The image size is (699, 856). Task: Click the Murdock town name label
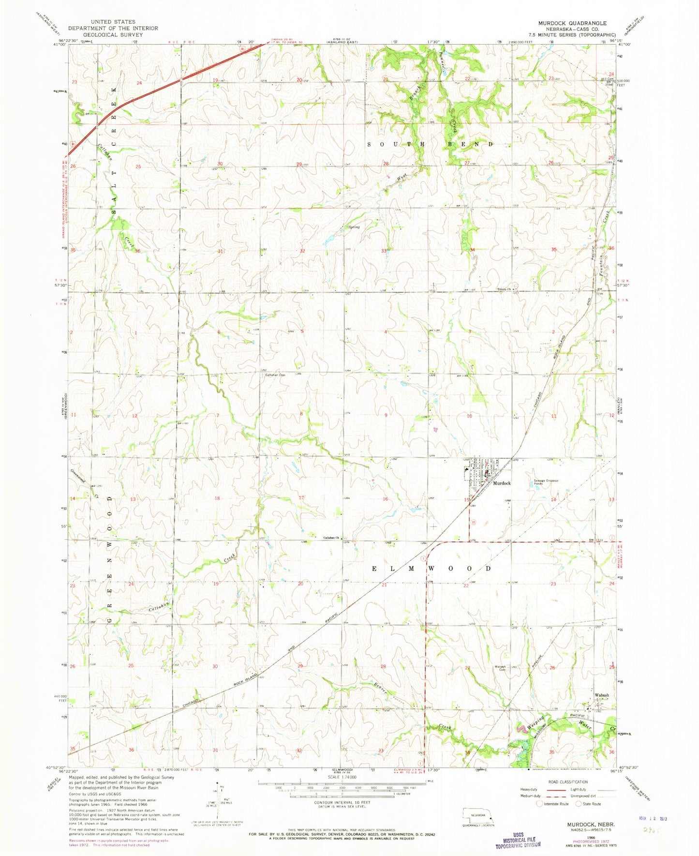point(502,483)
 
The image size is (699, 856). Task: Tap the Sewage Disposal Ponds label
point(546,482)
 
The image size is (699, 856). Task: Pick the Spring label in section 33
point(354,226)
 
